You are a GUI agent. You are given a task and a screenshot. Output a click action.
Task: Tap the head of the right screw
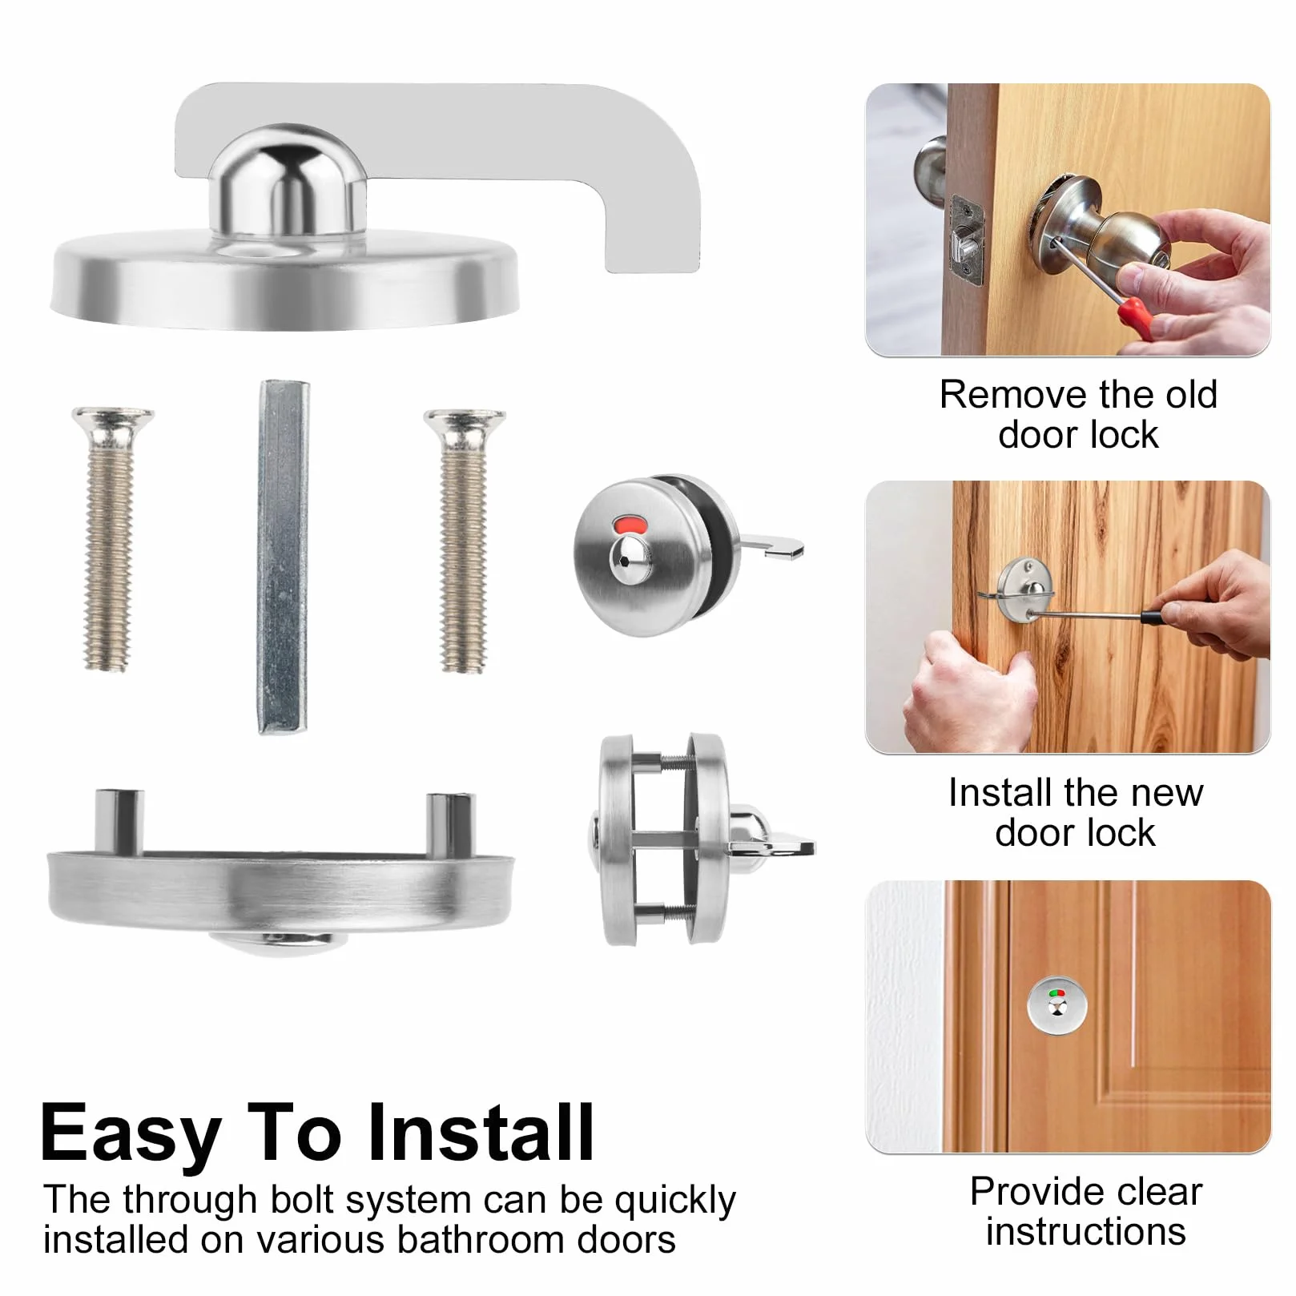(x=465, y=421)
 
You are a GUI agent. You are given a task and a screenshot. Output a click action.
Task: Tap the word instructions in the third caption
(x=1085, y=1230)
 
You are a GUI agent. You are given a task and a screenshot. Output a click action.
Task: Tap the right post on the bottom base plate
(x=451, y=823)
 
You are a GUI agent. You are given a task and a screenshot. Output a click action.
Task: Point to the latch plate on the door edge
(x=968, y=240)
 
